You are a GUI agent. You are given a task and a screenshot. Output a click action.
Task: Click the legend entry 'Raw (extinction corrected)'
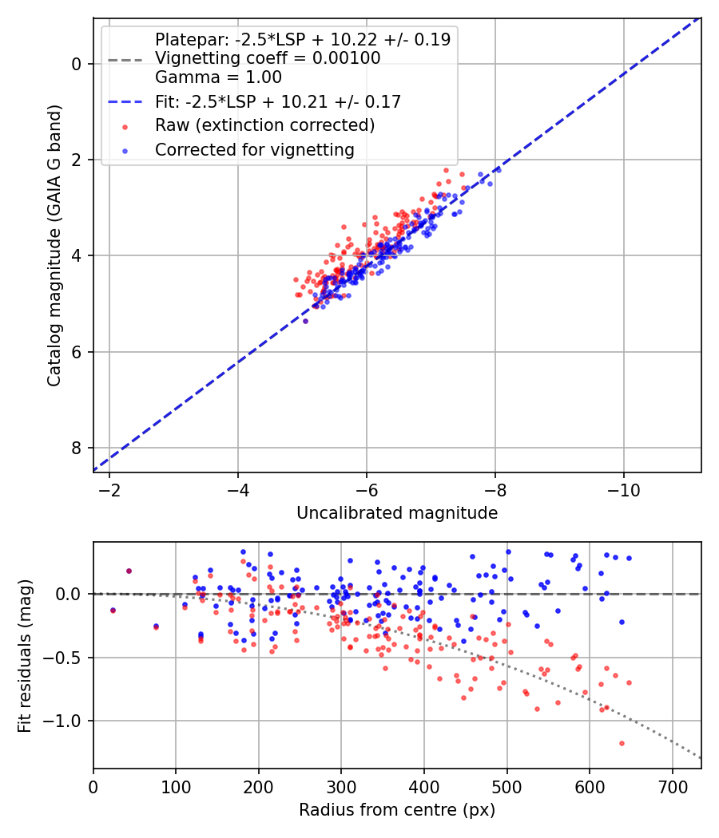pyautogui.click(x=264, y=125)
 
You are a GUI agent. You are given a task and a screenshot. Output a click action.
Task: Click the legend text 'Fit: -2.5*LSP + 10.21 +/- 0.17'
pyautogui.click(x=277, y=101)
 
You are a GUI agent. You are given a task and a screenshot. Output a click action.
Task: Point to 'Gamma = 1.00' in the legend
pyautogui.click(x=218, y=77)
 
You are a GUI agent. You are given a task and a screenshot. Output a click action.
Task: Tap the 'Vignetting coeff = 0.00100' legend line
pyautogui.click(x=268, y=58)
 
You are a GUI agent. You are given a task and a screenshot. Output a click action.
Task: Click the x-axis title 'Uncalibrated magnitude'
pyautogui.click(x=397, y=513)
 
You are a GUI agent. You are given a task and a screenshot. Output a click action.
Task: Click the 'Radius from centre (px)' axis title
pyautogui.click(x=397, y=810)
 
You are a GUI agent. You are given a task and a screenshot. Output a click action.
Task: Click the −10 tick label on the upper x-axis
pyautogui.click(x=623, y=489)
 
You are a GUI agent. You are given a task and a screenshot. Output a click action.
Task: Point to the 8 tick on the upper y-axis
pyautogui.click(x=77, y=448)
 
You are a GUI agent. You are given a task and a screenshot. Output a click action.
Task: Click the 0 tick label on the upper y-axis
pyautogui.click(x=77, y=64)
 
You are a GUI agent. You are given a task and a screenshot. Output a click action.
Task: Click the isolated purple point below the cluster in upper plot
pyautogui.click(x=305, y=321)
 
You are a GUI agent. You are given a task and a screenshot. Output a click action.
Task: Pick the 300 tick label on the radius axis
pyautogui.click(x=341, y=786)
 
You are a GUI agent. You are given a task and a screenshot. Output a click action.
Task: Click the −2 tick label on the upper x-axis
pyautogui.click(x=109, y=489)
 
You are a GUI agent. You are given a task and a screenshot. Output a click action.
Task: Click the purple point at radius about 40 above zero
pyautogui.click(x=129, y=571)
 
